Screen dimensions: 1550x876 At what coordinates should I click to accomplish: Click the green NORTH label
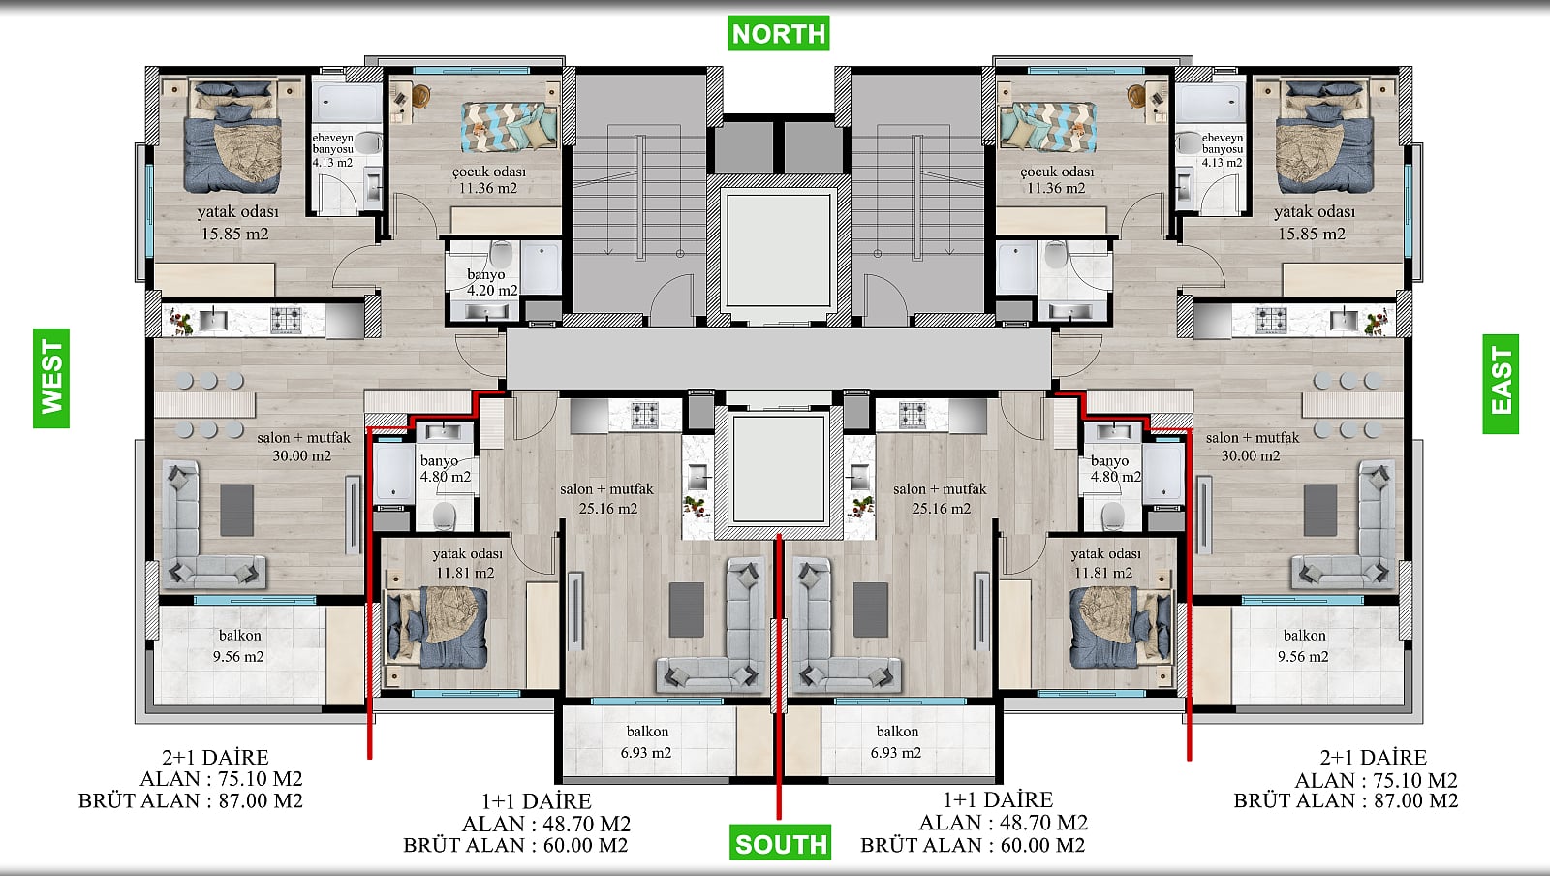tap(779, 33)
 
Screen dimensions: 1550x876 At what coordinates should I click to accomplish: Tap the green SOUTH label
tap(780, 843)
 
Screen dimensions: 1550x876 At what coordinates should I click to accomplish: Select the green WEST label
tap(51, 378)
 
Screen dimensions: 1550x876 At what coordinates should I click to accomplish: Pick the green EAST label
tap(1501, 384)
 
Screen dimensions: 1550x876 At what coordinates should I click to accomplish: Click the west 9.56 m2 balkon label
tap(239, 645)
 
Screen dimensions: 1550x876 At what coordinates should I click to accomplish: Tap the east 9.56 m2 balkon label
tap(1304, 645)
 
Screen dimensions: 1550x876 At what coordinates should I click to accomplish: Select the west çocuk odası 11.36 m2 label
tap(488, 179)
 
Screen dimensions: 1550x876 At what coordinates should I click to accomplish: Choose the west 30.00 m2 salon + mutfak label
tap(303, 447)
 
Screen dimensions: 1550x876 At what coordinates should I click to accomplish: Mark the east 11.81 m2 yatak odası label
tap(1104, 563)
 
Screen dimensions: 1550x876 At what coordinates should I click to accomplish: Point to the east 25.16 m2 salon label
tap(941, 498)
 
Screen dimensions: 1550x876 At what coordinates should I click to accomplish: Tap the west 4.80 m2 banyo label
tap(445, 468)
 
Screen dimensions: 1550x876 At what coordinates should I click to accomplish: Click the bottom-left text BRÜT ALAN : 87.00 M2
tap(191, 800)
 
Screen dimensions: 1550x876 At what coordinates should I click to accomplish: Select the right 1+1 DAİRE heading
tap(998, 799)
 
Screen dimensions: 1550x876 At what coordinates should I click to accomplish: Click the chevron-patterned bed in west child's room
tap(510, 126)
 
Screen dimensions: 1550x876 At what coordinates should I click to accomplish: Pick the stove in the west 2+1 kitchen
tap(286, 321)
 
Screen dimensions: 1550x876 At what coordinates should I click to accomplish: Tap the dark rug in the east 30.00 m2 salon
tap(1320, 510)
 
